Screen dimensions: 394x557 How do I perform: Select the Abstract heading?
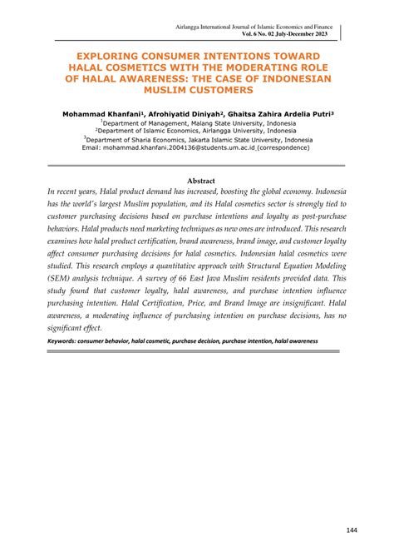[x=201, y=181]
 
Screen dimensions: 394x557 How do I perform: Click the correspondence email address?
[x=190, y=148]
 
